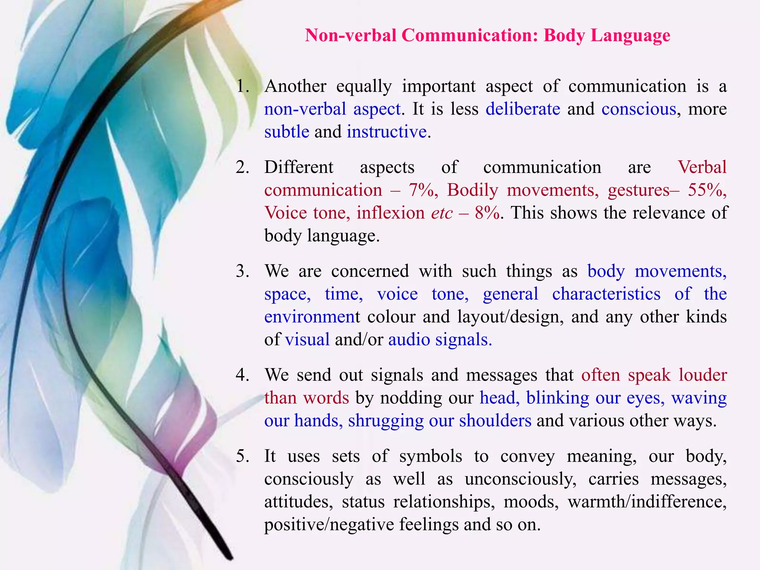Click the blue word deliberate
pos(523,109)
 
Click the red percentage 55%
pos(707,190)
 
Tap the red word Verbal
pos(702,167)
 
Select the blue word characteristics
pos(606,294)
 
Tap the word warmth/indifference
pos(647,502)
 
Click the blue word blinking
pos(557,398)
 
